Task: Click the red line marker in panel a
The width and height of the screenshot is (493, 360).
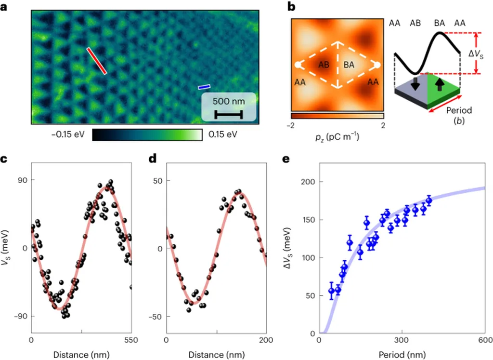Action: (x=97, y=61)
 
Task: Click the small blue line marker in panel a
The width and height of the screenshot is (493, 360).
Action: (x=204, y=87)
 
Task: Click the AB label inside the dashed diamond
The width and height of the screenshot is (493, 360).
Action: (x=324, y=65)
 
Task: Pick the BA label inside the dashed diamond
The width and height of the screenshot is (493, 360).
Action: (x=349, y=65)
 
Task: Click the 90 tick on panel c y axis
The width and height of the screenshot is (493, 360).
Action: (x=23, y=180)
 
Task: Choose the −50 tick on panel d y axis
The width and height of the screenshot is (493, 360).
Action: (x=156, y=316)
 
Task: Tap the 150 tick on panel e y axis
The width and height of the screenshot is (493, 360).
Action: (x=306, y=220)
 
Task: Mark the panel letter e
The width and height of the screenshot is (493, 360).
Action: (x=292, y=159)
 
